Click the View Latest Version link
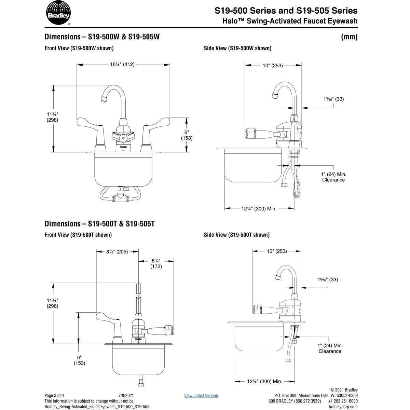click(x=201, y=395)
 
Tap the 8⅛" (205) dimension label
click(x=117, y=252)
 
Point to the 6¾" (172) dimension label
click(x=156, y=263)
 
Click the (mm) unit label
click(x=349, y=37)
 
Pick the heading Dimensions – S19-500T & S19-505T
click(x=100, y=224)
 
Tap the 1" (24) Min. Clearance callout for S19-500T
click(x=330, y=348)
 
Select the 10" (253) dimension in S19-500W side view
click(x=273, y=66)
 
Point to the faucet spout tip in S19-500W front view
click(x=104, y=99)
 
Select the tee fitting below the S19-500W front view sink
click(x=120, y=197)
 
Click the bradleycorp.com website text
click(x=343, y=407)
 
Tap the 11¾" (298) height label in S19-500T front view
click(x=52, y=303)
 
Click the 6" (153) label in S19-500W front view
click(x=187, y=135)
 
